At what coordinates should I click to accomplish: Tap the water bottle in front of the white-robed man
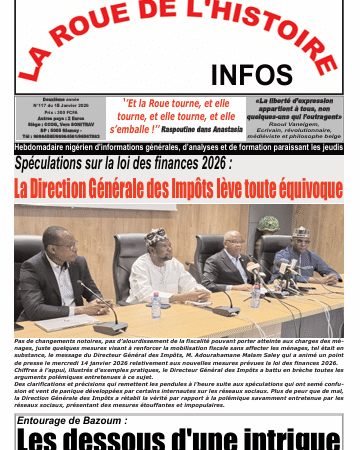coord(156,305)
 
